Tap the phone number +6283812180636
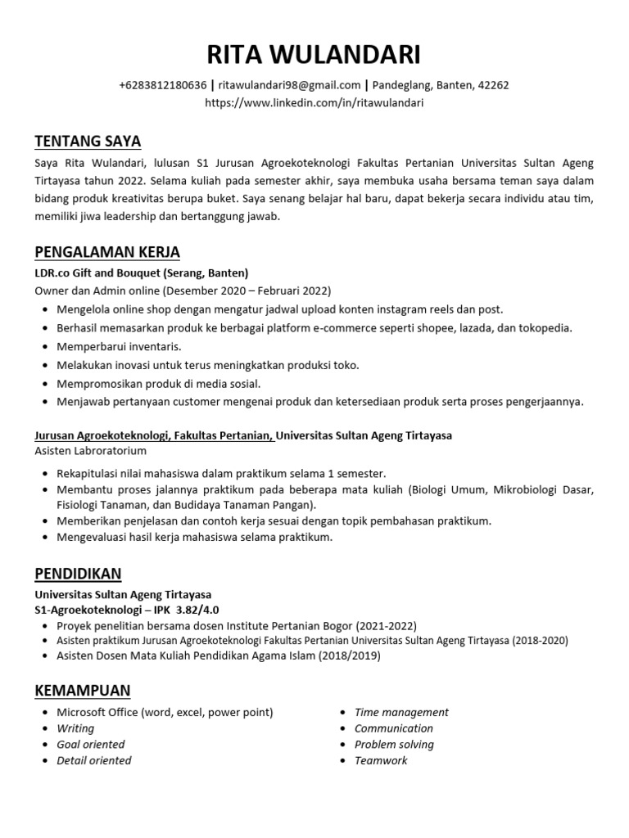[162, 85]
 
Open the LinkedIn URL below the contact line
[314, 103]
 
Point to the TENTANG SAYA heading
[88, 141]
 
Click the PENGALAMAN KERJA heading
[107, 251]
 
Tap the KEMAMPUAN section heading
[83, 690]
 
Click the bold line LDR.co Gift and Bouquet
[141, 273]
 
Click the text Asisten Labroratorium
[90, 451]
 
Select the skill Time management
[401, 712]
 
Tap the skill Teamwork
[381, 760]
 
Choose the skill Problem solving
[394, 744]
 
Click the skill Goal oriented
[90, 744]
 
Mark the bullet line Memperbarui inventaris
[119, 346]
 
